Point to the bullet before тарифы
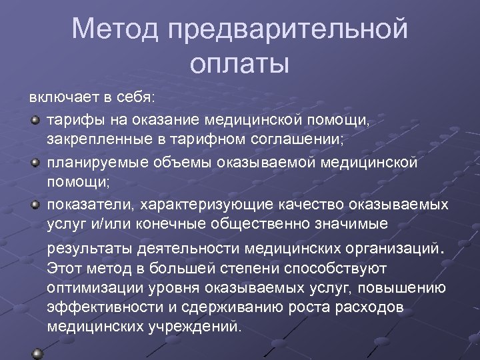[35, 119]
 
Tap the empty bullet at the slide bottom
[37, 352]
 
